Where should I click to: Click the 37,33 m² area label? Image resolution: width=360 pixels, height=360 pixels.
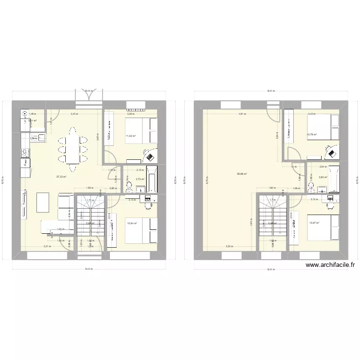pos(61,177)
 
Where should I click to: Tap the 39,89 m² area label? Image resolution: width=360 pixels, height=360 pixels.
pos(242,174)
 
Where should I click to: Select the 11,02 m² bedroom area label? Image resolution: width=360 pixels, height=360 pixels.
pos(131,136)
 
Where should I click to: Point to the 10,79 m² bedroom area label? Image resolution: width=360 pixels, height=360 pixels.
pos(312,134)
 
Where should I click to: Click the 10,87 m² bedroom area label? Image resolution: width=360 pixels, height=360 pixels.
pos(314,223)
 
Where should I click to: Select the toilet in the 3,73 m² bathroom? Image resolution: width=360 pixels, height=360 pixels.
pos(128,187)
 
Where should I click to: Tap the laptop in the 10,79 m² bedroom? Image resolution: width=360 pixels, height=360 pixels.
pos(331,154)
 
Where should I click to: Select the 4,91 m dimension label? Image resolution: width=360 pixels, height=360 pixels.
pos(242,114)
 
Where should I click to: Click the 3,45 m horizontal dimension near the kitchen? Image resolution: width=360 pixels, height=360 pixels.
pos(74,114)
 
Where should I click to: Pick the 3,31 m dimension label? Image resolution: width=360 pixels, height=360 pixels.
pos(47,247)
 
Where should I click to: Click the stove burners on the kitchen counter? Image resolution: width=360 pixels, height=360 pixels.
pos(24,153)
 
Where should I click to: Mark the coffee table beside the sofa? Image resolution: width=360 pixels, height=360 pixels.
pos(44,202)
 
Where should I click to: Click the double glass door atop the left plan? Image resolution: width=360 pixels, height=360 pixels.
pos(88,96)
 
